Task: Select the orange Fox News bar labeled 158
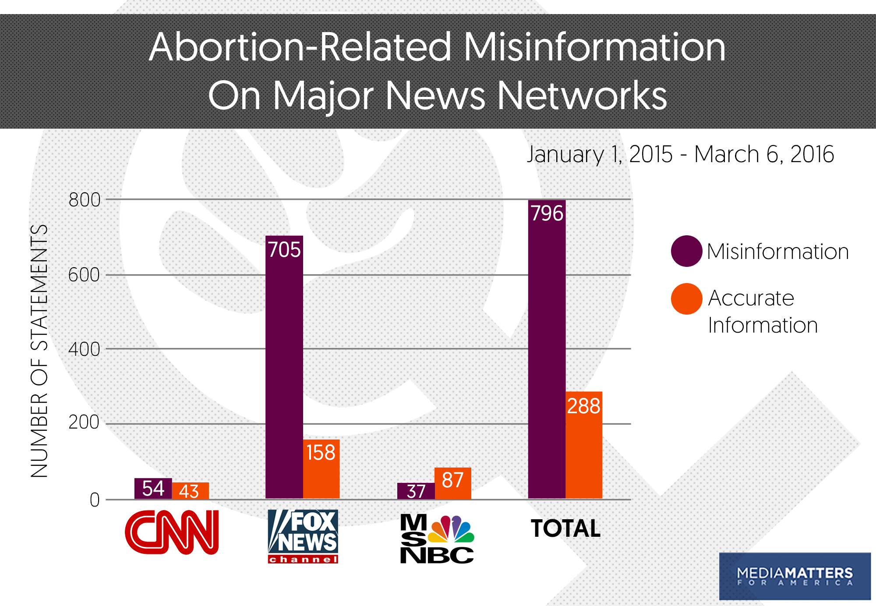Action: [321, 469]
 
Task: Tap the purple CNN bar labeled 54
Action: [153, 489]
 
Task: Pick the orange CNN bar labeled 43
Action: [190, 491]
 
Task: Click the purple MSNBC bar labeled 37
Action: [416, 491]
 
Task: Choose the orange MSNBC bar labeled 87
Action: [452, 483]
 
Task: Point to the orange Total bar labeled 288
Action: [583, 445]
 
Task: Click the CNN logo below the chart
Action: [172, 532]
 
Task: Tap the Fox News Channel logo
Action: [303, 536]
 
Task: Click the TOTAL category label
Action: [565, 528]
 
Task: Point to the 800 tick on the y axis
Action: [85, 200]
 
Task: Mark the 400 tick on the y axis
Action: [84, 350]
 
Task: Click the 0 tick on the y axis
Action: [95, 500]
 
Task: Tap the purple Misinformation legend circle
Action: [686, 251]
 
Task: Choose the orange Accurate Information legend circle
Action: [686, 299]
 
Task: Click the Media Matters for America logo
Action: [795, 576]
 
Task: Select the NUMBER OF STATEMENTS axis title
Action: [39, 351]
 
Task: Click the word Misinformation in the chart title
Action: [594, 47]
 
